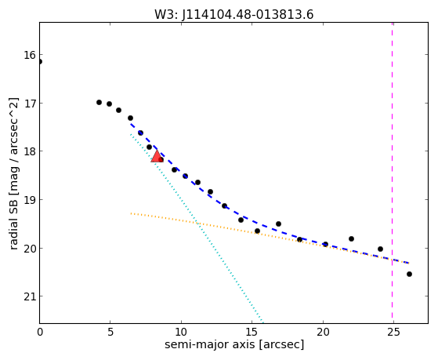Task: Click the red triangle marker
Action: pos(157,157)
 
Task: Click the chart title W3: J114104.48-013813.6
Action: pos(234,15)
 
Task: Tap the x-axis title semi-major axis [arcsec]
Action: pos(234,344)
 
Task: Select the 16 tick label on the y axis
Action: pos(29,55)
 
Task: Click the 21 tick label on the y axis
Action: pos(29,296)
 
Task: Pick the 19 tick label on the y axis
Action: pos(29,200)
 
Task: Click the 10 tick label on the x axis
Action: pos(181,332)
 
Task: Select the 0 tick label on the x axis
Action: pos(40,332)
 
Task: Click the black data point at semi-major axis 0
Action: pos(40,61)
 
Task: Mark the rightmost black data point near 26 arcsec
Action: pos(409,275)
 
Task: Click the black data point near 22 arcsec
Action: pos(351,239)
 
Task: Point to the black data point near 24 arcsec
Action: pos(380,249)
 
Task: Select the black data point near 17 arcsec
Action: pos(278,224)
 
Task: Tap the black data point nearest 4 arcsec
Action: pos(99,103)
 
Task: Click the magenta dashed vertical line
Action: pos(393,173)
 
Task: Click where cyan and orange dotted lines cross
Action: pos(197,223)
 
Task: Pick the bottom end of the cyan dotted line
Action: pos(262,322)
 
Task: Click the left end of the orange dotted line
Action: pos(131,213)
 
